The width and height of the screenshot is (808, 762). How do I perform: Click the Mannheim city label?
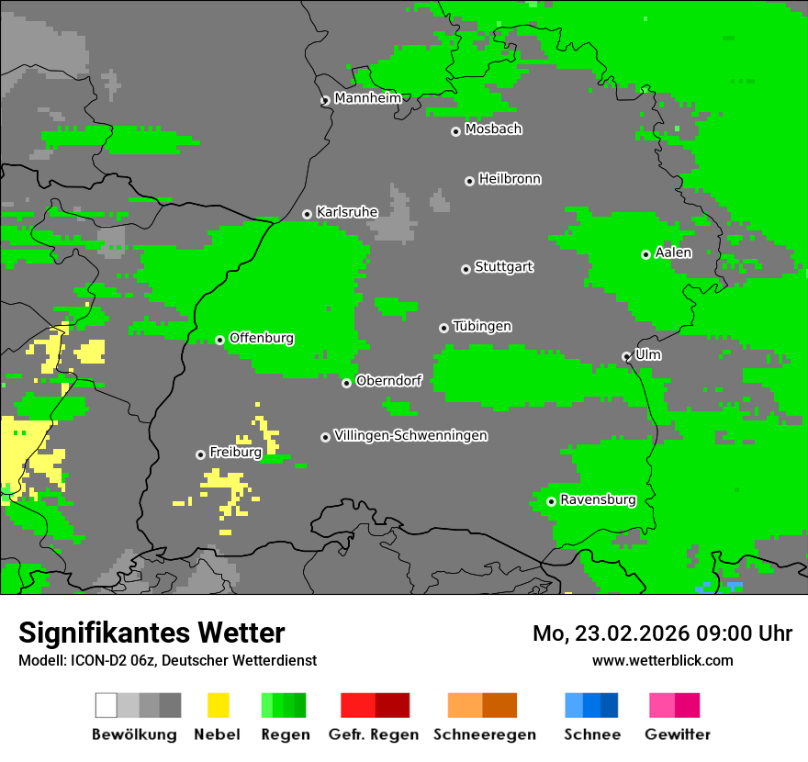point(367,98)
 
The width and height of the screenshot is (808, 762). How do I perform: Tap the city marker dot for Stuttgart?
point(466,269)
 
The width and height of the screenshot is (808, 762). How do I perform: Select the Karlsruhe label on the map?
point(346,212)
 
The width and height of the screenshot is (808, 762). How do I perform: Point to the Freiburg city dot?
point(200,454)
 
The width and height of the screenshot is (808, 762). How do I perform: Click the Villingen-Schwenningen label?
point(410,435)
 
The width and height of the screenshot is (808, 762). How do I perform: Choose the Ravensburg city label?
point(598,500)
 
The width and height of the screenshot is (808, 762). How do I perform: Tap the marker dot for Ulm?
point(626,356)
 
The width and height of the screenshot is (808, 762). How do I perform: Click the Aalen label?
point(673,252)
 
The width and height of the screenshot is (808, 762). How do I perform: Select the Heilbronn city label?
point(510,179)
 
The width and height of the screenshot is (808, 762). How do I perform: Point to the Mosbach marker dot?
point(455,131)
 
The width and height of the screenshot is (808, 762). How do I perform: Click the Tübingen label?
point(482,326)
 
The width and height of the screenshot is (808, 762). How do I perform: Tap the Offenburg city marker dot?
point(219,340)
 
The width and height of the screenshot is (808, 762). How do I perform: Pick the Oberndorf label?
point(388,381)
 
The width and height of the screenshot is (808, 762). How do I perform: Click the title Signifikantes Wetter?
point(151,633)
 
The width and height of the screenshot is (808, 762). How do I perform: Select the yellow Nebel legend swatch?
point(218,705)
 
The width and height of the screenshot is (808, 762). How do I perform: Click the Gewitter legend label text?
point(677,734)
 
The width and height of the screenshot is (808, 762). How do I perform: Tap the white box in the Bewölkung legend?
point(106,705)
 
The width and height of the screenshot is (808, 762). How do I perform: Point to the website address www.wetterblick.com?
point(662,660)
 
